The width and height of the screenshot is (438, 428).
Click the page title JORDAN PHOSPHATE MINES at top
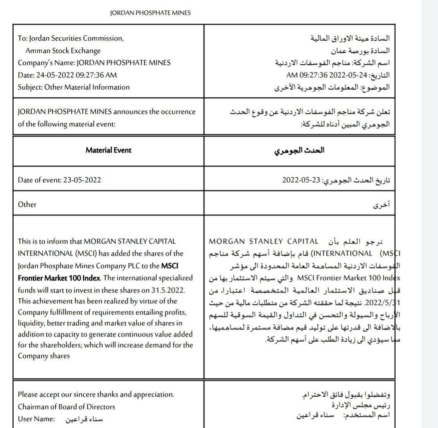click(x=150, y=13)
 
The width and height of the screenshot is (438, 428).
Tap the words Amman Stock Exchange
click(x=63, y=51)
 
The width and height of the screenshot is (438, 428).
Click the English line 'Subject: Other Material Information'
click(x=74, y=87)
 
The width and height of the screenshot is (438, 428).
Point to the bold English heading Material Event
click(x=108, y=150)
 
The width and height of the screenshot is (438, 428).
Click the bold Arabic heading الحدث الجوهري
click(x=299, y=150)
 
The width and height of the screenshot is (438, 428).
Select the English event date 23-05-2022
click(x=82, y=180)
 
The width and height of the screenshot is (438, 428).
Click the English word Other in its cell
click(x=27, y=204)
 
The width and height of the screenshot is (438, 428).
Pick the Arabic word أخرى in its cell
click(x=382, y=205)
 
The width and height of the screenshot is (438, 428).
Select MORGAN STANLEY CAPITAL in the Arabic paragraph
click(x=264, y=241)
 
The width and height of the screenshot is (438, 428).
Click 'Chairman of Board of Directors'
click(x=66, y=406)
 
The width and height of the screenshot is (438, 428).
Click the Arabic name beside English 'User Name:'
click(x=84, y=419)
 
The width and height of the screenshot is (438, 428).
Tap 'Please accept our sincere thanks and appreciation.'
click(x=96, y=394)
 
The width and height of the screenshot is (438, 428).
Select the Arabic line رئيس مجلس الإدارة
click(x=361, y=404)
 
